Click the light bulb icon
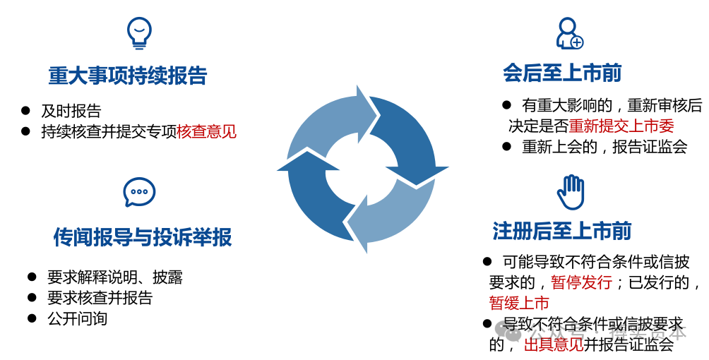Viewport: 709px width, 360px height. tap(139, 32)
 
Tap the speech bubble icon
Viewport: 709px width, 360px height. tap(139, 192)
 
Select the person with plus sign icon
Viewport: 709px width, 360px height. tap(568, 33)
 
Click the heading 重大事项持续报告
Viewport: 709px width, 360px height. tap(128, 76)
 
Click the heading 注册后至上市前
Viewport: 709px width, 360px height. tap(562, 230)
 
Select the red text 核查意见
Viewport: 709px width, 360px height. tap(206, 131)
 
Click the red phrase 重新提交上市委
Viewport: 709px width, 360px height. tap(621, 126)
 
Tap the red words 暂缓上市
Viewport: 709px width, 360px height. tap(519, 304)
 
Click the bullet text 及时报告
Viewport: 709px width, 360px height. tap(71, 111)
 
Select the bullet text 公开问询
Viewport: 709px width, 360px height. tap(78, 318)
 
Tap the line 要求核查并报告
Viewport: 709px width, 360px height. tap(100, 298)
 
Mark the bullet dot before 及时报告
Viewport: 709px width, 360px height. tap(25, 111)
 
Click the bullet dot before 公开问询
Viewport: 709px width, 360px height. tap(32, 318)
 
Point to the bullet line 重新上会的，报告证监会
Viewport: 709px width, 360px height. tap(604, 147)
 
